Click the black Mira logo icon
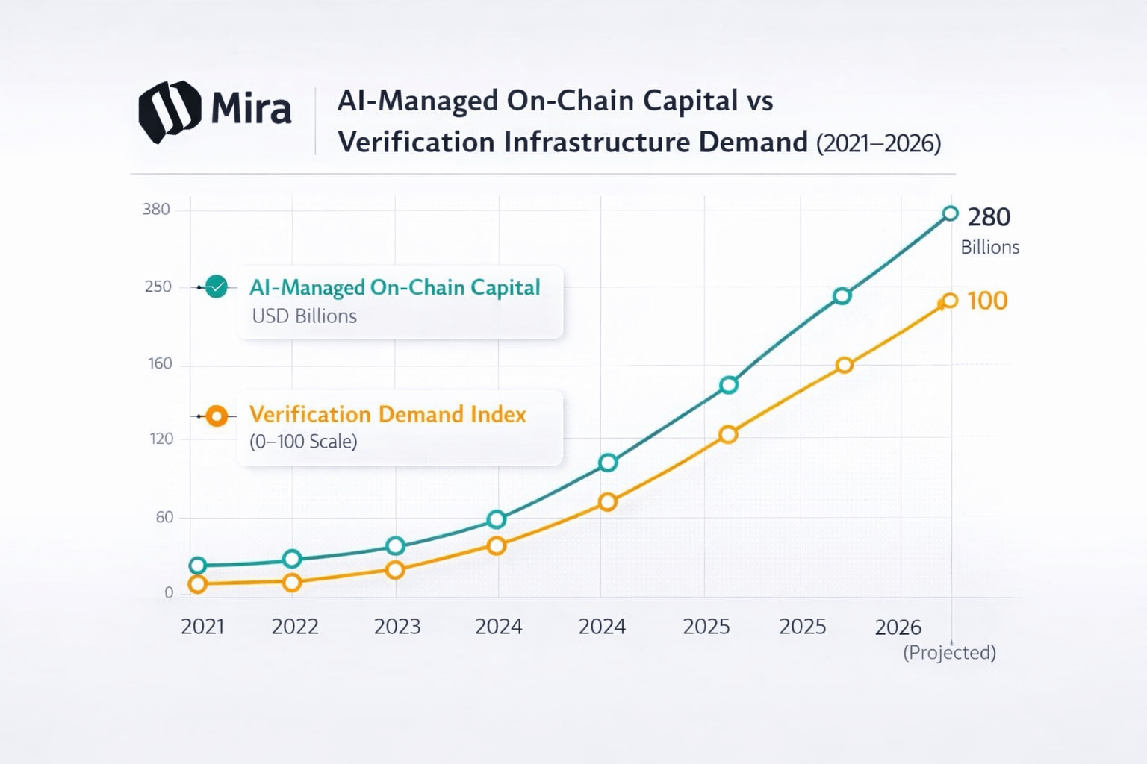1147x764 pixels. click(x=170, y=111)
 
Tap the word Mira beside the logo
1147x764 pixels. click(x=251, y=109)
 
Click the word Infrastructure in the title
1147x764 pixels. click(x=597, y=142)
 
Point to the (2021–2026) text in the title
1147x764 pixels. click(x=878, y=143)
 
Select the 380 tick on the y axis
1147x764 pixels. click(x=156, y=209)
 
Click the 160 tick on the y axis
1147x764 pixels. click(x=160, y=363)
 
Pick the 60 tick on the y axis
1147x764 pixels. click(x=164, y=517)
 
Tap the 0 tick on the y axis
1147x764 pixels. click(x=169, y=592)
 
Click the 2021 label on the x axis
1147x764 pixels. click(x=202, y=626)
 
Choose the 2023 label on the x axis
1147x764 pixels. click(x=397, y=626)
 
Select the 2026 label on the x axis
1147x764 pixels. click(x=898, y=627)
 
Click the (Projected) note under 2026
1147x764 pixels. click(x=949, y=652)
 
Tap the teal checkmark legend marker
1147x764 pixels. click(x=216, y=286)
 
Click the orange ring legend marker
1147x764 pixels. click(x=217, y=416)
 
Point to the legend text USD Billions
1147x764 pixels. click(x=304, y=316)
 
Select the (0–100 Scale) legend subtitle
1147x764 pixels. click(x=303, y=442)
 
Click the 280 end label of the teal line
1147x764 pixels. click(x=989, y=217)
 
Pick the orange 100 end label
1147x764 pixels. click(x=987, y=301)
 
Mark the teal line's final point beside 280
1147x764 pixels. click(x=950, y=214)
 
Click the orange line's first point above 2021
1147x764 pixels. click(x=197, y=584)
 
